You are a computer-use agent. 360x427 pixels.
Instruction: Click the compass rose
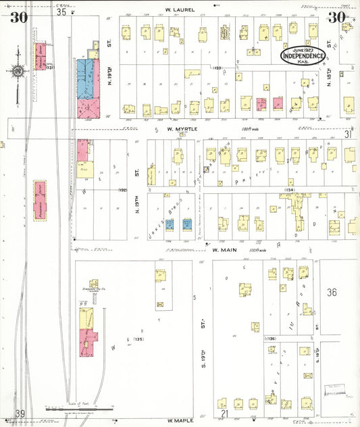pos(18,71)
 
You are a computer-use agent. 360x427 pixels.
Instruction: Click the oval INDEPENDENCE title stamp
pos(303,55)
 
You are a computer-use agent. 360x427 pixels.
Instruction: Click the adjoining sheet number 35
pos(62,11)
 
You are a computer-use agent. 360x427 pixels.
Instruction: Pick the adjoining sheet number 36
pos(331,293)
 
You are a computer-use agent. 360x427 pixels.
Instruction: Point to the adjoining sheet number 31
pos(349,134)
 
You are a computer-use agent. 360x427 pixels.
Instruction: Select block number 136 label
pos(271,338)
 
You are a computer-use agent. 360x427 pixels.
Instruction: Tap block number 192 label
pos(122,191)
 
